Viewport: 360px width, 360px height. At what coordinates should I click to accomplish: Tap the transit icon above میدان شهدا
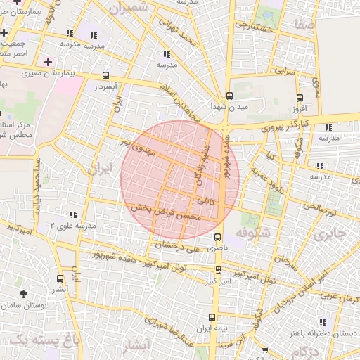click(229, 96)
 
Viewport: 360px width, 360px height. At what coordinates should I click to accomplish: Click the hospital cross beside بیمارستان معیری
click(49, 62)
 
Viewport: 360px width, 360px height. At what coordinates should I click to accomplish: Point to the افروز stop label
click(300, 110)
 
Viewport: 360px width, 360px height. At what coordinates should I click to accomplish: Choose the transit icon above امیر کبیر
click(217, 270)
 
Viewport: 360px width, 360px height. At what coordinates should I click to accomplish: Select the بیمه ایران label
click(213, 329)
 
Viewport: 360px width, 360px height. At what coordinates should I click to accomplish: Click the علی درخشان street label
click(183, 246)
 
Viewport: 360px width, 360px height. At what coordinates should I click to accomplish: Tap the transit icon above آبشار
click(59, 278)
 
